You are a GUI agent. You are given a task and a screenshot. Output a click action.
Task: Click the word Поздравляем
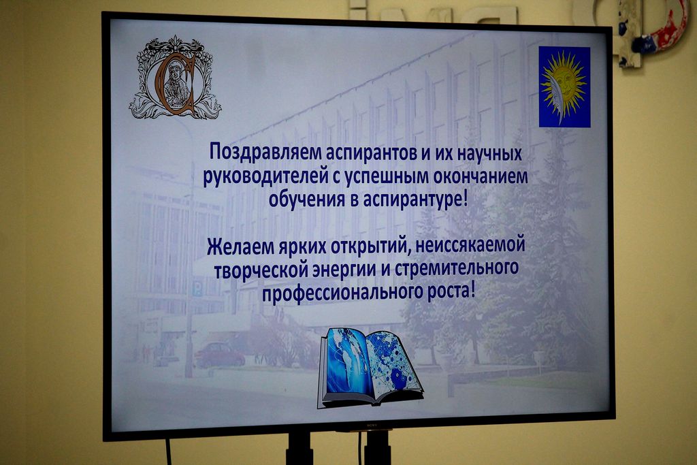coord(265,153)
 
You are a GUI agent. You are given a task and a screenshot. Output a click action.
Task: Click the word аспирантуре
coord(413,199)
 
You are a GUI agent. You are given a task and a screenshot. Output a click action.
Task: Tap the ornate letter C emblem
coord(175,78)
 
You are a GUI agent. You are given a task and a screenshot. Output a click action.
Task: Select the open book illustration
coord(370,368)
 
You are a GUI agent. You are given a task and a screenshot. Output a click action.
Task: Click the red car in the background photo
coord(220,355)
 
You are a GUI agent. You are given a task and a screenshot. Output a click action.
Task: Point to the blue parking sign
coord(197,289)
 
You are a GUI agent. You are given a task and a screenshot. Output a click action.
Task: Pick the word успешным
coord(385,178)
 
